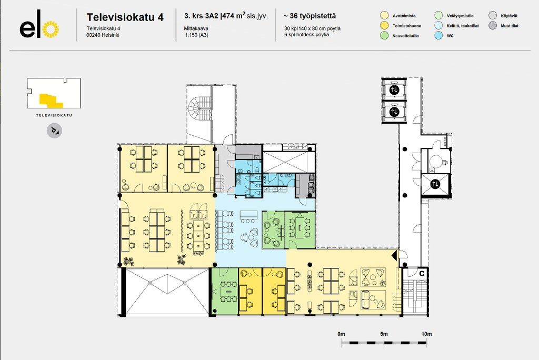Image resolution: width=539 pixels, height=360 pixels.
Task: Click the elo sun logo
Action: [50, 29]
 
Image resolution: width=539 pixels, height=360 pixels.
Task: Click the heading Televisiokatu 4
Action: [125, 17]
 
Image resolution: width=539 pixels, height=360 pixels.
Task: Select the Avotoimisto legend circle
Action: [384, 15]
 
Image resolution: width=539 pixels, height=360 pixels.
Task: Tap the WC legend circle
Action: [438, 35]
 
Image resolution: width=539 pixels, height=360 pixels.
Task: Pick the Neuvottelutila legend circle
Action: [384, 35]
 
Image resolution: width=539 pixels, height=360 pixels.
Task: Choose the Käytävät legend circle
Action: [493, 15]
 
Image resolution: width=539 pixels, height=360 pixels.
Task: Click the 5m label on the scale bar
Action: [384, 334]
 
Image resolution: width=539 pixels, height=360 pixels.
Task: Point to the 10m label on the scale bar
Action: [426, 334]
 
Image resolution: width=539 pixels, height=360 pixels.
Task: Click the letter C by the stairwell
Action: [422, 274]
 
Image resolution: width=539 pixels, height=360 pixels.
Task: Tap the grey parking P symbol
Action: [54, 131]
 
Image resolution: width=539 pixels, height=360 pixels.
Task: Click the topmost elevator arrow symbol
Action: [394, 90]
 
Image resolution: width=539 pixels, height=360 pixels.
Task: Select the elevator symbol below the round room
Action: [435, 184]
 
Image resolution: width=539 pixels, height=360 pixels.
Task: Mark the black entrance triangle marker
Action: [395, 255]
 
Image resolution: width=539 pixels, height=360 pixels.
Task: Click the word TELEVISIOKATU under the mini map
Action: [54, 115]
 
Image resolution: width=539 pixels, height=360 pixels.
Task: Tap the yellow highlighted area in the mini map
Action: [51, 100]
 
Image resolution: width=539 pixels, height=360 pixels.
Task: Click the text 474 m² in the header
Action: [233, 15]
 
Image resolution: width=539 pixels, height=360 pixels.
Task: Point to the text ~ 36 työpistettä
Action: [310, 16]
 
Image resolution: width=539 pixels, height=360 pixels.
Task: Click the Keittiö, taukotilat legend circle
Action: [438, 25]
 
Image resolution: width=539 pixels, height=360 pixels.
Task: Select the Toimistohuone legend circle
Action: [384, 25]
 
